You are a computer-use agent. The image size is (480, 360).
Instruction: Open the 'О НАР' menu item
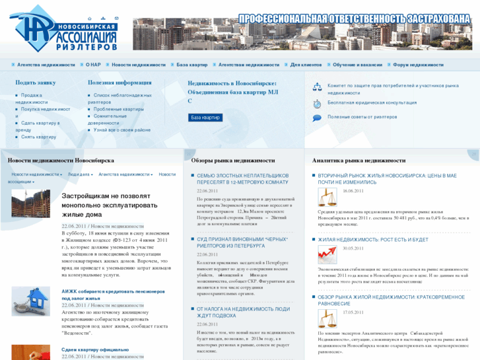(93, 65)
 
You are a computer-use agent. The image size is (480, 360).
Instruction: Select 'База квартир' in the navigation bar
(192, 65)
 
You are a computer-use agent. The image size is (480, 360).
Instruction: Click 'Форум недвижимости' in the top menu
(418, 65)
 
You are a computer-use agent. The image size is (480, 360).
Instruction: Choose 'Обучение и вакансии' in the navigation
(357, 65)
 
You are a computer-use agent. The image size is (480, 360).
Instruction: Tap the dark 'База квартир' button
(206, 118)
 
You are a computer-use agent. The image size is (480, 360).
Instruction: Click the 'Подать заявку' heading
(36, 83)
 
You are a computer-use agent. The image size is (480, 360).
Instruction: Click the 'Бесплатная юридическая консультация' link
(372, 102)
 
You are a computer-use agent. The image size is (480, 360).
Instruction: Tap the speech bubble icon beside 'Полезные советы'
(317, 117)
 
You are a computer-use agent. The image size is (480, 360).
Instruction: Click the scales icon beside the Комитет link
(317, 87)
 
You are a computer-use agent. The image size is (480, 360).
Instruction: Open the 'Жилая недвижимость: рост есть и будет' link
(373, 240)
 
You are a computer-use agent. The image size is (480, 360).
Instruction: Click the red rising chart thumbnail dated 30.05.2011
(326, 254)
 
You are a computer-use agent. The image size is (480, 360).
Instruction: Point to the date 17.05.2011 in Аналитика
(353, 312)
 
